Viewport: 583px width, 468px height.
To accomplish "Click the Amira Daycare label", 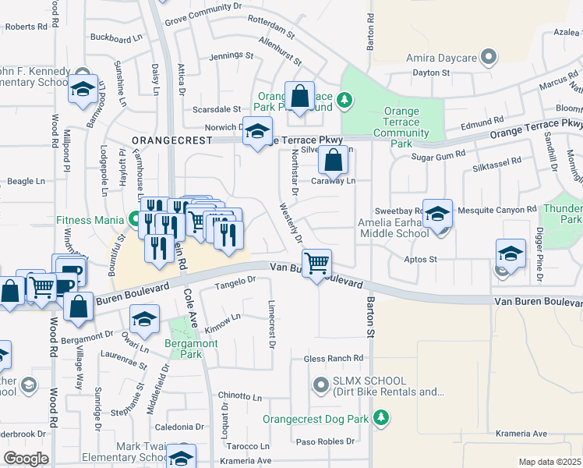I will [442, 58].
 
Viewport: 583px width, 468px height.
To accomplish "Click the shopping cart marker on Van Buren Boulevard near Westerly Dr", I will [316, 264].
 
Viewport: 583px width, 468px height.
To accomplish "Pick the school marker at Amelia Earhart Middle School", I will [438, 214].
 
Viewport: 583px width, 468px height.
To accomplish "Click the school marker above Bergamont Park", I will [144, 320].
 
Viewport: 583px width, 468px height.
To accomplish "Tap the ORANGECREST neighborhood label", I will [171, 140].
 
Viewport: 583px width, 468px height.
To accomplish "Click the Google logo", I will [26, 459].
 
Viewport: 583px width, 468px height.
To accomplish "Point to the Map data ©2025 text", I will [549, 462].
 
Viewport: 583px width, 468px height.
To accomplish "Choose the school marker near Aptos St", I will [511, 254].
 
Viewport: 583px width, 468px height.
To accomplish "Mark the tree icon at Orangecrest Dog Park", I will [380, 418].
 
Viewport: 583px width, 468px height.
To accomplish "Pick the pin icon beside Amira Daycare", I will [488, 56].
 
